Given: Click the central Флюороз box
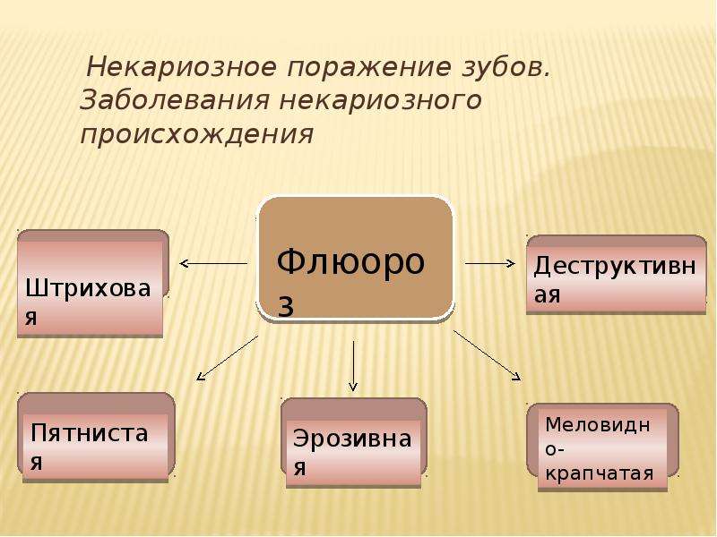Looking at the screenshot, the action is (355, 259).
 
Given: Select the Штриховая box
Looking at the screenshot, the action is (93, 284).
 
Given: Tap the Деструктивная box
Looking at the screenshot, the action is (616, 275).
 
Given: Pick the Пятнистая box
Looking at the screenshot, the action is (96, 438).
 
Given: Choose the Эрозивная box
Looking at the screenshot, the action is (353, 443).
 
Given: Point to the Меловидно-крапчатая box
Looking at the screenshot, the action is (602, 447).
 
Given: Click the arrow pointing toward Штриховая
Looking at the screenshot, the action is (213, 263).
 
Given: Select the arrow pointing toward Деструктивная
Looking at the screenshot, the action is (489, 263).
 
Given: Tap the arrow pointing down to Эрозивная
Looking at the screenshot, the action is (353, 366).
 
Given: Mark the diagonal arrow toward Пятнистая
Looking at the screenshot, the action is (228, 358).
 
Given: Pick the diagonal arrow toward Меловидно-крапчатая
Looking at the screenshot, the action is (487, 355).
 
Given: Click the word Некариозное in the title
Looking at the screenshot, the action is (182, 66).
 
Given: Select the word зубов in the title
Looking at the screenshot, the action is (505, 66).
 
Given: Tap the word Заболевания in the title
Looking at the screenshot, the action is (175, 100).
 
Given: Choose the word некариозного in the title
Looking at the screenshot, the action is (380, 100).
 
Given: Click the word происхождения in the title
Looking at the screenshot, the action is (197, 135).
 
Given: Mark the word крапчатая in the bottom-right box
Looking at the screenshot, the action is (599, 473).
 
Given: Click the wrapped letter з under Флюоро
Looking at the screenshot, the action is (285, 306).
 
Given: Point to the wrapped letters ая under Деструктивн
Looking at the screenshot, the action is (548, 295).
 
